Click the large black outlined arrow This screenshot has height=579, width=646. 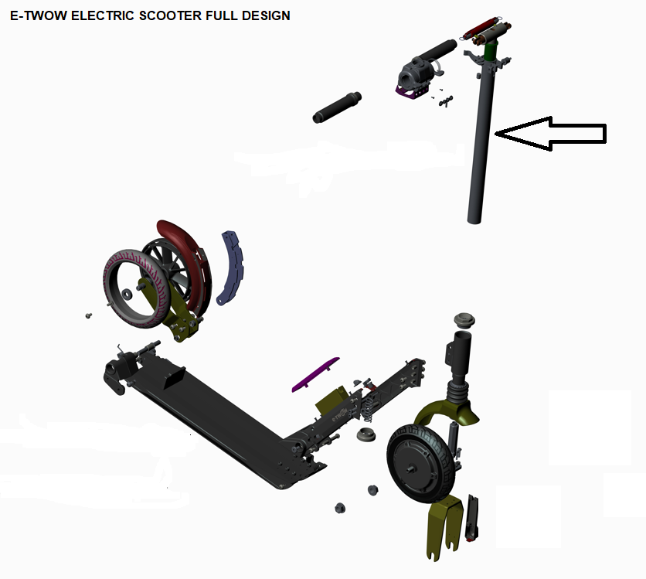tap(550, 134)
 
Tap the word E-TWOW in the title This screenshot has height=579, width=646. tap(39, 15)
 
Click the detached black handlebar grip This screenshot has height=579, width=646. tap(337, 107)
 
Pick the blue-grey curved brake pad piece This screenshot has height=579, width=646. tap(231, 268)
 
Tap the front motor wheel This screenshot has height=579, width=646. tap(421, 464)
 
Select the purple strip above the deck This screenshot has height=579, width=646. tap(315, 375)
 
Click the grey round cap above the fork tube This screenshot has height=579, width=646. tap(464, 321)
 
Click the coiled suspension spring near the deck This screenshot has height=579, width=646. tap(369, 407)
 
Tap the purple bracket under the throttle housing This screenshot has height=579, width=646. tap(413, 93)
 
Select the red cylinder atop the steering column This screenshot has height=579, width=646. tap(481, 28)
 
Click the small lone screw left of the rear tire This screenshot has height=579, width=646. tap(88, 315)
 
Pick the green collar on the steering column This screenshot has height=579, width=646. tap(490, 51)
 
